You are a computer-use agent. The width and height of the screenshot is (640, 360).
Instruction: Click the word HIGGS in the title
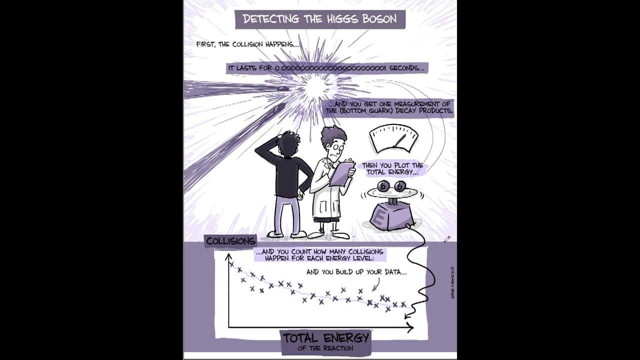coord(346,19)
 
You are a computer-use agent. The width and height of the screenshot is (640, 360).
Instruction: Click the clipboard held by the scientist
coord(341,173)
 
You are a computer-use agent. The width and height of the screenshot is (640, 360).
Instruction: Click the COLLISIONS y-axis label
coord(230,241)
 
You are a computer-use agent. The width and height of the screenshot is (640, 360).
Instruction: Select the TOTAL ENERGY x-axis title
coord(325,338)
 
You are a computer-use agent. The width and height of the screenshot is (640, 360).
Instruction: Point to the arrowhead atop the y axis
coord(228,256)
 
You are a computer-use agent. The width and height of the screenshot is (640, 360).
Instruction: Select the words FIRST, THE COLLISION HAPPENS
coord(247,44)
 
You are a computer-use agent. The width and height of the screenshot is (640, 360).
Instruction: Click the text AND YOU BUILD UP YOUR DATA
coord(356,272)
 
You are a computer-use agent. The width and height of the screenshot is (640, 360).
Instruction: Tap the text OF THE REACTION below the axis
coord(325,348)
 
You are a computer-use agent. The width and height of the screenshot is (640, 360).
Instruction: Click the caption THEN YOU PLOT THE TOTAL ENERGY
coord(392,168)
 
